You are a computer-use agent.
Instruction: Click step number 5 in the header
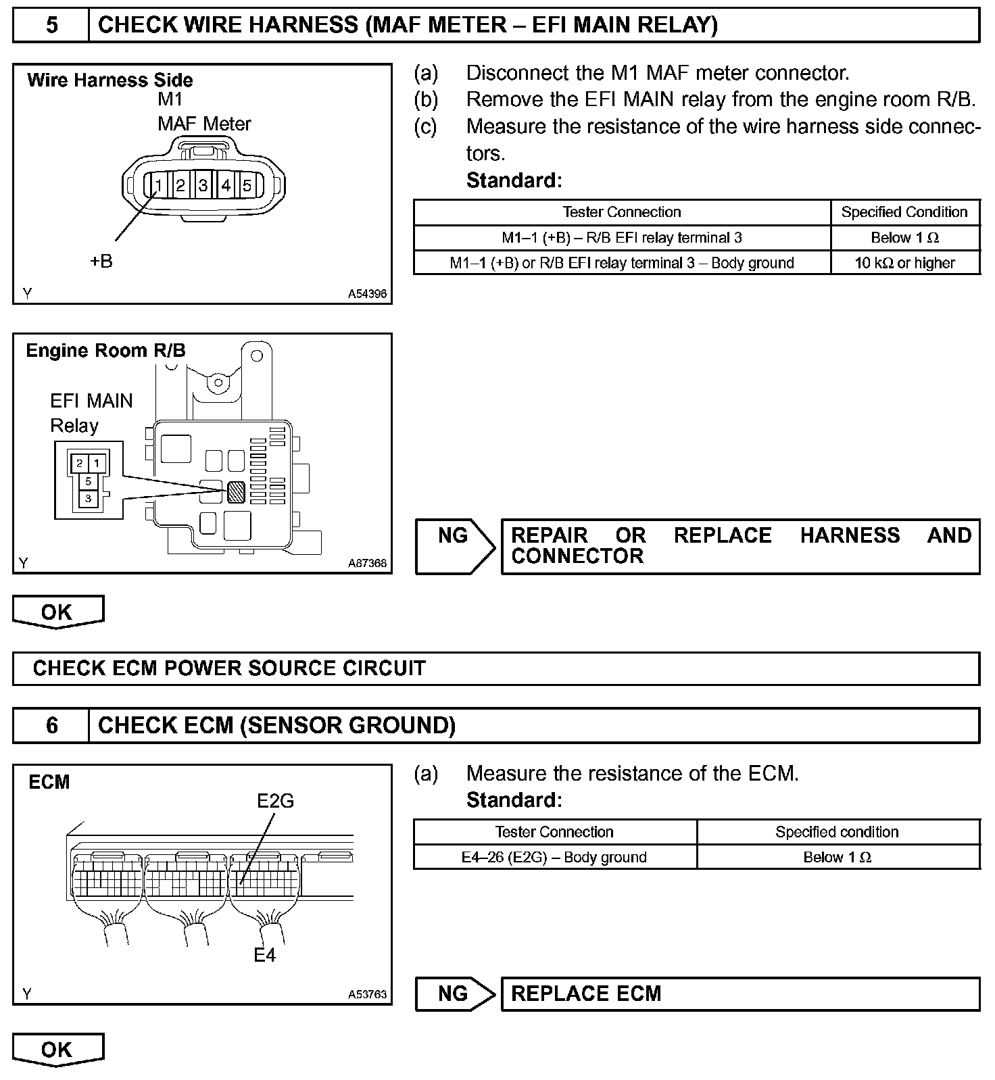[x=51, y=26]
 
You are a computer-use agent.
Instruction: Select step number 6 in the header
[x=51, y=726]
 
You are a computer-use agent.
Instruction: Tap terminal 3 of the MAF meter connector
[x=203, y=185]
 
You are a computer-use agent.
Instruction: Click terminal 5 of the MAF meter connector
[x=247, y=185]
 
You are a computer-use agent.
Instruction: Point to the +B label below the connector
[x=101, y=262]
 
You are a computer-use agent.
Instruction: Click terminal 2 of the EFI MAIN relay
[x=80, y=463]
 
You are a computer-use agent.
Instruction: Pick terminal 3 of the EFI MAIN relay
[x=88, y=499]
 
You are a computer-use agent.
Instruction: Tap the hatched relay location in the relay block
[x=236, y=492]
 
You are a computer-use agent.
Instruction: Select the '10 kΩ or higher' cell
[x=904, y=263]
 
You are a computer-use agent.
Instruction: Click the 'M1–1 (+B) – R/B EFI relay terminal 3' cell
[x=621, y=238]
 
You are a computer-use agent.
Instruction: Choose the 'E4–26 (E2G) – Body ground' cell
[x=554, y=857]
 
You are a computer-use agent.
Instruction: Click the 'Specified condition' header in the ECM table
[x=837, y=832]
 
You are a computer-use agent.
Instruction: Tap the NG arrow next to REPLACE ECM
[x=455, y=993]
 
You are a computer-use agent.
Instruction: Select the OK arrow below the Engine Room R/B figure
[x=57, y=612]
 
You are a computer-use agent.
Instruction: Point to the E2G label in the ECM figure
[x=276, y=801]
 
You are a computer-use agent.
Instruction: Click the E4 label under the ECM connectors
[x=265, y=955]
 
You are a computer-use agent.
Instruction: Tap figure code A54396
[x=367, y=294]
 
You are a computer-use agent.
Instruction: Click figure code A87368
[x=367, y=563]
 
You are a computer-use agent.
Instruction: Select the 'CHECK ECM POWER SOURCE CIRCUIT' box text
[x=229, y=668]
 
